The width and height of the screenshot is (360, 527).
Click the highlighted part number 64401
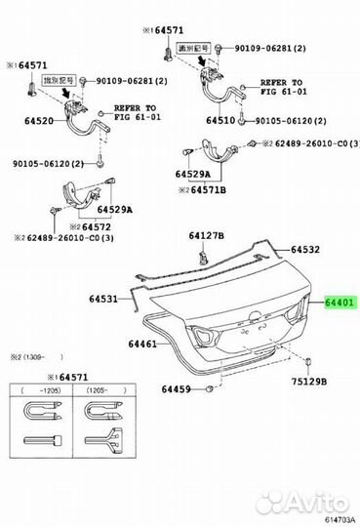341,304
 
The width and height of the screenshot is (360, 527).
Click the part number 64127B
206,236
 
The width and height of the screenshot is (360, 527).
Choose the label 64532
301,250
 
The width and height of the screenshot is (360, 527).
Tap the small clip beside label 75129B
306,364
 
